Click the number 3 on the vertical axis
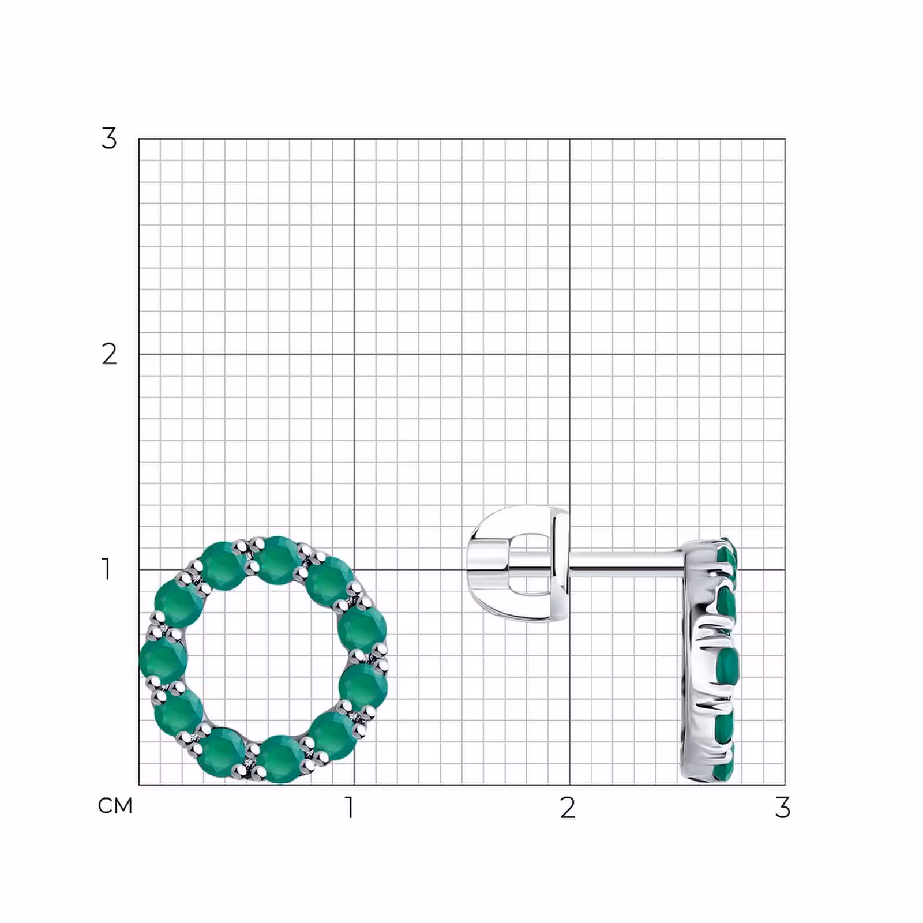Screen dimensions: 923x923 coord(109,138)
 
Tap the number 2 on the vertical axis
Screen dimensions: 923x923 coord(109,354)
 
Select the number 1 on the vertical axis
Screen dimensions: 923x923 coord(106,569)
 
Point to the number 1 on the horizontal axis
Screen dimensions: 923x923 coord(349,808)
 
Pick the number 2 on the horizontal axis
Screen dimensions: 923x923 coord(568,808)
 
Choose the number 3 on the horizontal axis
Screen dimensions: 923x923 coord(782,808)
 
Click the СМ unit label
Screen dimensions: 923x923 coord(115,806)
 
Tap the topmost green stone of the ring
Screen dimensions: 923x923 coord(277,560)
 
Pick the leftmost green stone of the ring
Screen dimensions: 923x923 coord(163,659)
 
